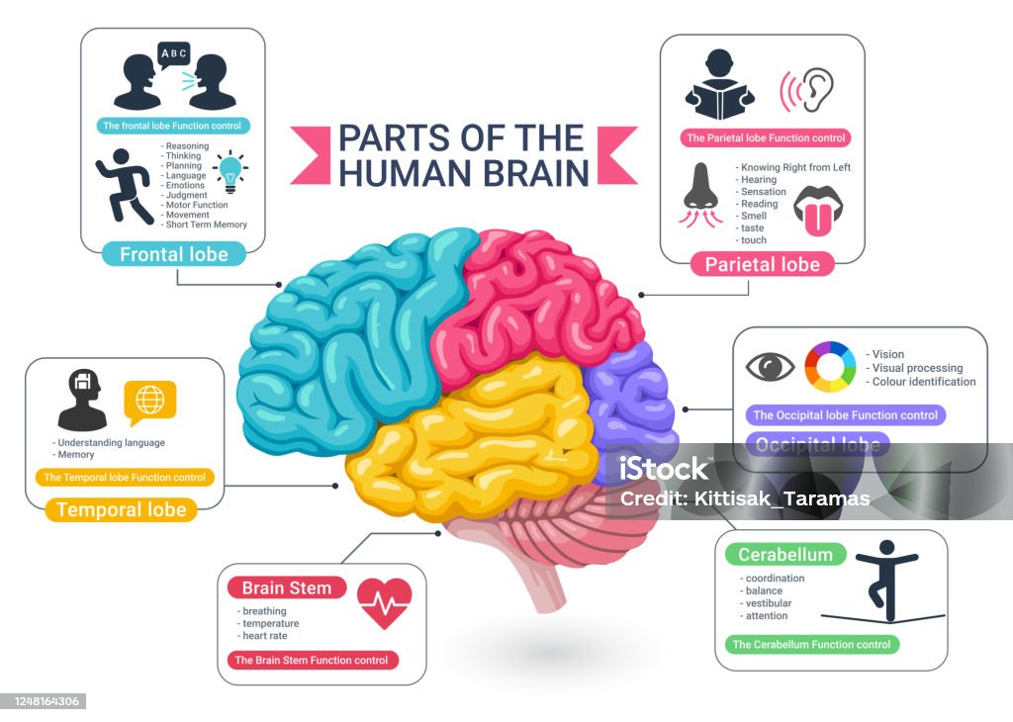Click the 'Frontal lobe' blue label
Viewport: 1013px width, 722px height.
[x=173, y=254]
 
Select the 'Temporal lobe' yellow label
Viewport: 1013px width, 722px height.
[x=121, y=510]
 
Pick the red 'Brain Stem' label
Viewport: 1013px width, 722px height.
[x=287, y=588]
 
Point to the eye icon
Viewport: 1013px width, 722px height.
[x=769, y=367]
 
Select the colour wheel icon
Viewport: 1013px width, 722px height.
[x=829, y=367]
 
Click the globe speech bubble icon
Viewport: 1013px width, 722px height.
[x=149, y=402]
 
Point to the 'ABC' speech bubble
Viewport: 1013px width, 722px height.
[x=173, y=53]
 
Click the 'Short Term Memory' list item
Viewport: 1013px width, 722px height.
[x=206, y=225]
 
